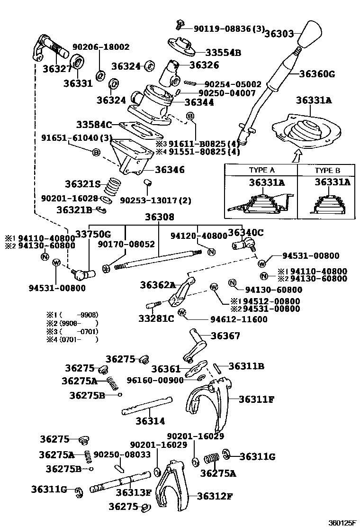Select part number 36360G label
coord(317,73)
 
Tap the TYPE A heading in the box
coord(261,170)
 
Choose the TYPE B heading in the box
coord(327,171)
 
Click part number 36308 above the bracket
coord(160,217)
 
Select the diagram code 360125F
coord(342,523)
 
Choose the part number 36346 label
coord(170,169)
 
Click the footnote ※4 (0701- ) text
coord(72,339)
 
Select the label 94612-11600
coord(239,319)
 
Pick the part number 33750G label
coord(93,234)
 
